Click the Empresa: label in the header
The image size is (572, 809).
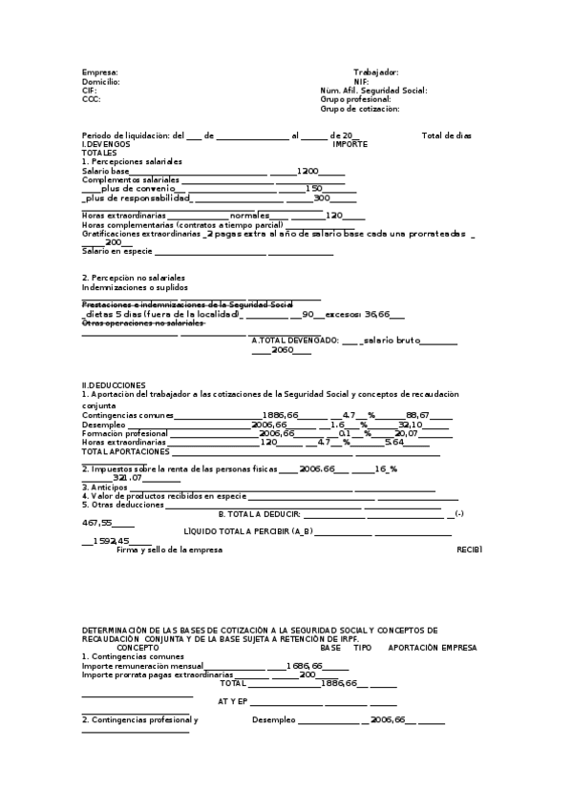point(100,73)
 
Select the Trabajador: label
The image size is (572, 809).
point(375,73)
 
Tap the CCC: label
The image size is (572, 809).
point(91,99)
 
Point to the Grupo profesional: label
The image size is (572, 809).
point(355,99)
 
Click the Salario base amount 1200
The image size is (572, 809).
point(307,171)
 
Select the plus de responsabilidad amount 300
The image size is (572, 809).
point(322,198)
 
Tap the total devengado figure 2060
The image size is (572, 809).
point(281,350)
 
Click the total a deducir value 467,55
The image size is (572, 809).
point(96,523)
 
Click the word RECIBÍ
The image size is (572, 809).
point(469,550)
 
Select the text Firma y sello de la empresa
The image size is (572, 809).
point(169,550)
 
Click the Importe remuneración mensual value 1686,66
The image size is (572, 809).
point(304,666)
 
